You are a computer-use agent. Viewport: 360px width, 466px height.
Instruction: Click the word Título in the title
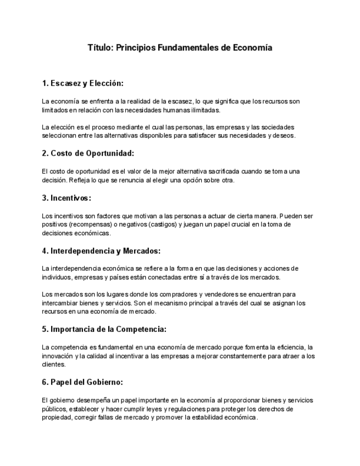(101, 48)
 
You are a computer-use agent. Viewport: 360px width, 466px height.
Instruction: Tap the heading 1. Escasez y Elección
(82, 84)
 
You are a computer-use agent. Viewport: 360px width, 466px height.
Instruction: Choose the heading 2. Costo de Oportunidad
(88, 153)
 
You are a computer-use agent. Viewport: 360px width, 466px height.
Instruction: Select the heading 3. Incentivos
(67, 198)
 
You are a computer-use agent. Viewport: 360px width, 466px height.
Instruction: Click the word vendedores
(225, 295)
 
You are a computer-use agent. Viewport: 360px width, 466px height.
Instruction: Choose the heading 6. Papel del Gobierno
(82, 382)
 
